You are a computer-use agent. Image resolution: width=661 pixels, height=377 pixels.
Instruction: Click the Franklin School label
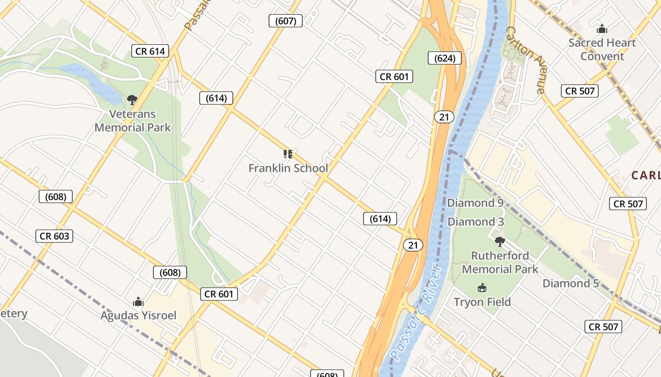(x=288, y=168)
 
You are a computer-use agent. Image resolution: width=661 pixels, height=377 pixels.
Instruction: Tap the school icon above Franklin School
(x=288, y=154)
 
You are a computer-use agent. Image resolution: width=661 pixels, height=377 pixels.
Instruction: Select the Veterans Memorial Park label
(x=133, y=121)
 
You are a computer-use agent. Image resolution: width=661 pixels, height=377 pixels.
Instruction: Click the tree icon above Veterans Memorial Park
(x=132, y=99)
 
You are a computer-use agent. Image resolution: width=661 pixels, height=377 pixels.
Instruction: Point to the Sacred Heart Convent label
(x=602, y=49)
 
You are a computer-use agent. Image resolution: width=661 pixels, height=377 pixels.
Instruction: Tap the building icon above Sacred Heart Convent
(x=602, y=29)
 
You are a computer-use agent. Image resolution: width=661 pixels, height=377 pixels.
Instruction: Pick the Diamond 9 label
(x=475, y=203)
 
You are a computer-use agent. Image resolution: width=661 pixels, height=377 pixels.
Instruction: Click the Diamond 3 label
(x=475, y=221)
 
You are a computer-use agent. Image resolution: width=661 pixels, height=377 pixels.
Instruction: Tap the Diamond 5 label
(x=570, y=283)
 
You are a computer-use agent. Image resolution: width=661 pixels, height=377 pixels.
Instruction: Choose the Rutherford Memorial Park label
(x=500, y=262)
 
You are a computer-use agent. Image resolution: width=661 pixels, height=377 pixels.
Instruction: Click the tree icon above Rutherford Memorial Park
(x=500, y=242)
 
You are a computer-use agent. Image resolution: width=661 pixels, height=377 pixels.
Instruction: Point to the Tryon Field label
(x=482, y=302)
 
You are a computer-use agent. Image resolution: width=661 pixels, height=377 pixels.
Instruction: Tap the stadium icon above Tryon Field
(x=482, y=287)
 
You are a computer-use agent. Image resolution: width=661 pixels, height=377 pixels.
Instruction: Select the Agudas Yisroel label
(x=138, y=315)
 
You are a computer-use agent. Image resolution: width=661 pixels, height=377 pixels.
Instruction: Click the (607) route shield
(x=286, y=21)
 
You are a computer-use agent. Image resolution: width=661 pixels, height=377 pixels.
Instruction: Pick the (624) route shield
(x=445, y=58)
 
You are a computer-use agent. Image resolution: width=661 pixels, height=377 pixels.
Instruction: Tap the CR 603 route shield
(x=54, y=236)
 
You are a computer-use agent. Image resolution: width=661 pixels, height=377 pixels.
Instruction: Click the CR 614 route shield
(x=150, y=51)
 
